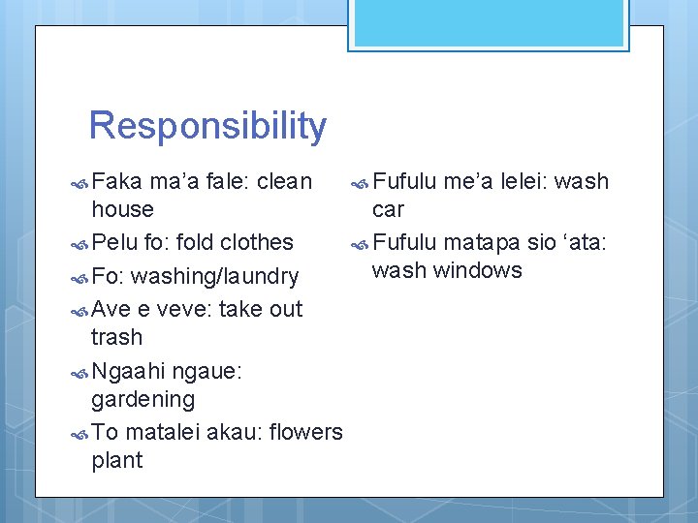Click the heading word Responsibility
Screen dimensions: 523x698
pyautogui.click(x=207, y=127)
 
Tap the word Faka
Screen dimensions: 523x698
pyautogui.click(x=116, y=181)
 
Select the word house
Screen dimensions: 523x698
pyautogui.click(x=122, y=209)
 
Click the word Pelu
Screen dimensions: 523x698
pyautogui.click(x=115, y=242)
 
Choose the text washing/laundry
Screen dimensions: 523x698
pyautogui.click(x=214, y=277)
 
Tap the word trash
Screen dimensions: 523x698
pyautogui.click(x=116, y=337)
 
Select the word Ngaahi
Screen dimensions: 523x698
pyautogui.click(x=127, y=371)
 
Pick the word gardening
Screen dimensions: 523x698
pyautogui.click(x=143, y=399)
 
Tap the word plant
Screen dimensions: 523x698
pyautogui.click(x=116, y=460)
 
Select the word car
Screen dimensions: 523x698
pyautogui.click(x=388, y=209)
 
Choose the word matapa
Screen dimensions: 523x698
pyautogui.click(x=481, y=242)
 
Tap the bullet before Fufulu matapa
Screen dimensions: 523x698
pyautogui.click(x=359, y=243)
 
